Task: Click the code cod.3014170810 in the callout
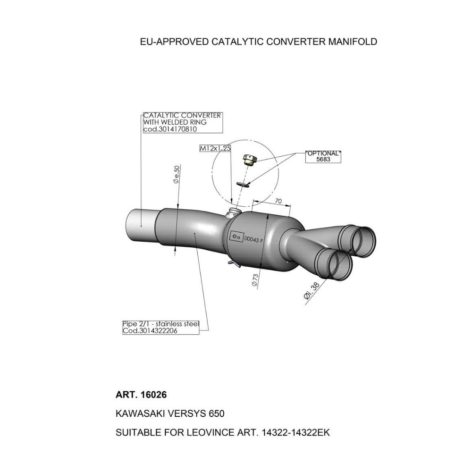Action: tap(170, 129)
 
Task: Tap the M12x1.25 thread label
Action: tap(215, 148)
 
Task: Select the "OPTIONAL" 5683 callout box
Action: tap(323, 157)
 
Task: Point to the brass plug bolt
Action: tap(250, 160)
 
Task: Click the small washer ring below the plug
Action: tap(243, 184)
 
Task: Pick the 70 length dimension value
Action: tap(278, 201)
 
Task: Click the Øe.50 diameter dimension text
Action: tap(176, 175)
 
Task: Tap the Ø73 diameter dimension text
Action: tap(255, 280)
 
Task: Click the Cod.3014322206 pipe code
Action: tap(150, 331)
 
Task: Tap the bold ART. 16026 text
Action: tap(141, 395)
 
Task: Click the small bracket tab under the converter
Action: tap(235, 264)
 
